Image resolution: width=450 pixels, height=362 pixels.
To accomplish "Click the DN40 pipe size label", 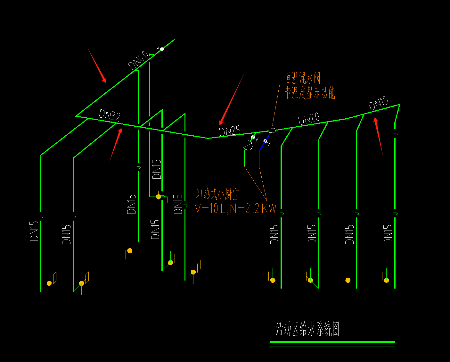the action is click(x=139, y=61).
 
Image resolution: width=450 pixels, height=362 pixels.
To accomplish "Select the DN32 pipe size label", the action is click(x=110, y=115).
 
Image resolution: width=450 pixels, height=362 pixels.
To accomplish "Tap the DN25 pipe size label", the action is click(x=230, y=131).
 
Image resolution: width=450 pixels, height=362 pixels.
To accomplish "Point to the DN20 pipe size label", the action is click(x=309, y=119).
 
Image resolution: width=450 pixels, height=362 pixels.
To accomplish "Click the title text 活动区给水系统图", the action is click(x=307, y=329).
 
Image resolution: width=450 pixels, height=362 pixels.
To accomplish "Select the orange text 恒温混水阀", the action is click(x=302, y=78).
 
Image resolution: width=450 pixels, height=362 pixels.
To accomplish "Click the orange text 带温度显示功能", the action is click(x=310, y=93).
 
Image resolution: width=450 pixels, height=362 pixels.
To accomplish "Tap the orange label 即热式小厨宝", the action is click(x=217, y=194).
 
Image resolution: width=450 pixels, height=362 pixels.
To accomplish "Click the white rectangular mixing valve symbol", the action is click(x=272, y=130).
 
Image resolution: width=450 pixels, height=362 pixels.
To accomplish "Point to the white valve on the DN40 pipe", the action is click(x=162, y=49).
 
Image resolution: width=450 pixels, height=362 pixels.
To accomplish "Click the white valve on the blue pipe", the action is click(x=265, y=141).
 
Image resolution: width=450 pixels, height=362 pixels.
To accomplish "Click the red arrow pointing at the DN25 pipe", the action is click(x=232, y=99).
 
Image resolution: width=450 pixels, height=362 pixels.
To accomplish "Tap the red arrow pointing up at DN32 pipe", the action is click(x=116, y=145).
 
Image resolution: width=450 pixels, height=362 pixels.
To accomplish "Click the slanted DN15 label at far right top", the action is click(x=378, y=103).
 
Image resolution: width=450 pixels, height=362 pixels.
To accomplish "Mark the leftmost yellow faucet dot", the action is click(x=49, y=283).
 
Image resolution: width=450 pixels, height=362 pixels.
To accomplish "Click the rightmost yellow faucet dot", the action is click(x=387, y=280).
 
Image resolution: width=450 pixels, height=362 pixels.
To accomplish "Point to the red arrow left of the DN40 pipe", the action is click(x=97, y=65).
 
